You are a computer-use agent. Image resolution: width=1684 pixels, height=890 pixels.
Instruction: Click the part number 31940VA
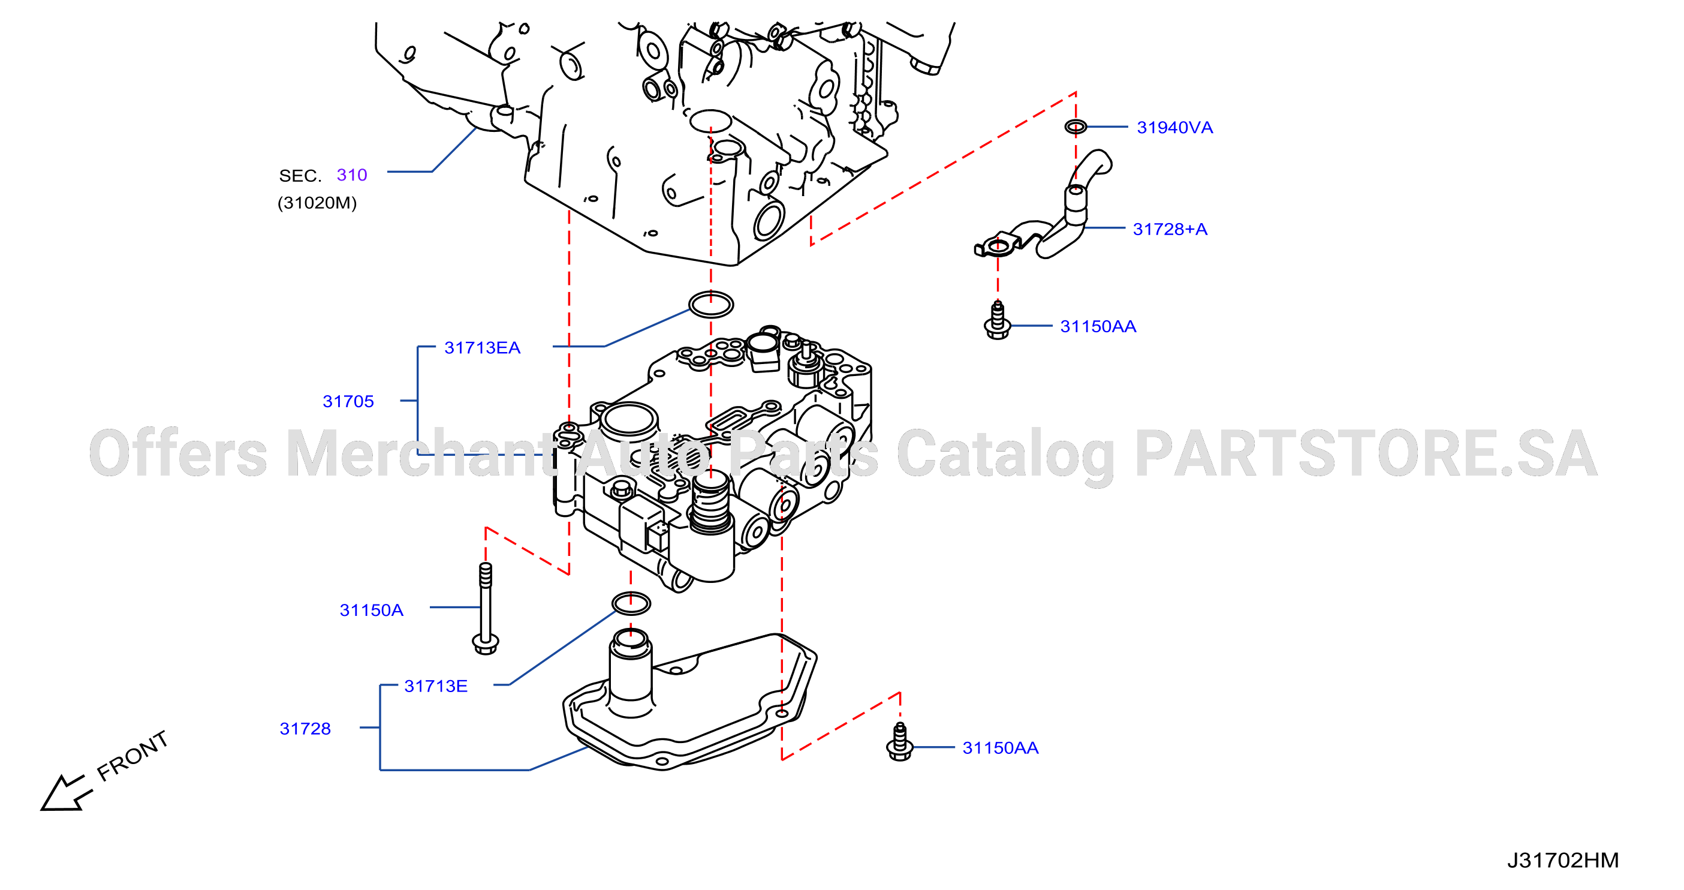coord(1175,128)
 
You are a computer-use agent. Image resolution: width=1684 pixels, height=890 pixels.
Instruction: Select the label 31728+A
coord(1170,230)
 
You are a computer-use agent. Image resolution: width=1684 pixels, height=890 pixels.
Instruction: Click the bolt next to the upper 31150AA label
coord(998,320)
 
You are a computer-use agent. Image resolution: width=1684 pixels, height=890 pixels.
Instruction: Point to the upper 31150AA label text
coord(1098,326)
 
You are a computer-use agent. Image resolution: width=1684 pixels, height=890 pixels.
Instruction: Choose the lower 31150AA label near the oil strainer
coord(1000,748)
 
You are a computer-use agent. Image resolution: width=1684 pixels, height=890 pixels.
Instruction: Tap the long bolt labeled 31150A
coord(485,608)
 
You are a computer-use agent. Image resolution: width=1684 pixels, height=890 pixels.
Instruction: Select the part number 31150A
coord(371,610)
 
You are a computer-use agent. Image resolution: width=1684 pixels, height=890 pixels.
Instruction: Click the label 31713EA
coord(483,348)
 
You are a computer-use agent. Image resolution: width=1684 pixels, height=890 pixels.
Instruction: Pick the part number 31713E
coord(436,686)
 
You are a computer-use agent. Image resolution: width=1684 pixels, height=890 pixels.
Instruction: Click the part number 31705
coord(348,401)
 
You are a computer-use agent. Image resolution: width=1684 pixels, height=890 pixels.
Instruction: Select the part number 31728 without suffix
coord(305,729)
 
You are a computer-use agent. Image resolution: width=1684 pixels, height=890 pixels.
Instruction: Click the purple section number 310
coord(352,175)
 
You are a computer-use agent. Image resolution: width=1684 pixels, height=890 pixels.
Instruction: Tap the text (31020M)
coord(317,203)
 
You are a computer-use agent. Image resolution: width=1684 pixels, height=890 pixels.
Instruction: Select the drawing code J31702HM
coord(1563,860)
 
